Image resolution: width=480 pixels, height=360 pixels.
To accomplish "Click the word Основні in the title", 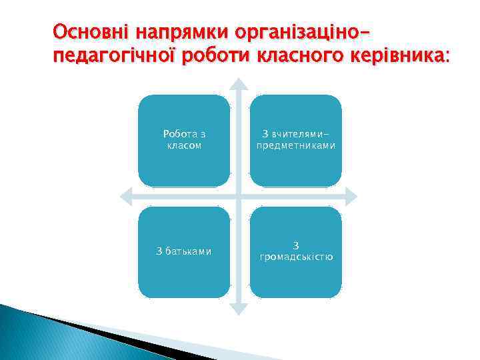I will click(91, 31).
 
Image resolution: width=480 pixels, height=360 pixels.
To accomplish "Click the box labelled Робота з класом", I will click(184, 140).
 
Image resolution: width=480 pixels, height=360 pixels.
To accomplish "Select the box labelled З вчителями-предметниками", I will click(295, 140).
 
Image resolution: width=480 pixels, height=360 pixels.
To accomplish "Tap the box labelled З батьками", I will click(184, 251).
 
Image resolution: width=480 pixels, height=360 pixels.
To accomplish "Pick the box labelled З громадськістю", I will click(295, 251).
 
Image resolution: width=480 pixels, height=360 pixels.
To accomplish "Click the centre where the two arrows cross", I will click(239, 196).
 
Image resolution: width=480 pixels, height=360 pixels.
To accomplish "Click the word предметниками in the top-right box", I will click(295, 145).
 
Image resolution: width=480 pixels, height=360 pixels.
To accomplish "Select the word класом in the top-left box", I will click(184, 145).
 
